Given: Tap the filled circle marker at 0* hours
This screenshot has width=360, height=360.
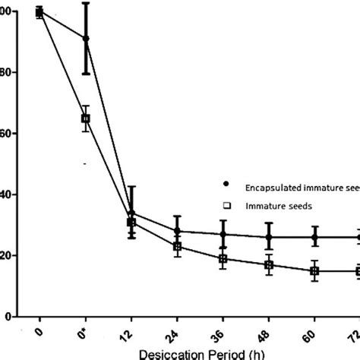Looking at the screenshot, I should click(x=86, y=39).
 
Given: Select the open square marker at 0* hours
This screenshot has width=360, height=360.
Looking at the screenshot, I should click(x=86, y=118).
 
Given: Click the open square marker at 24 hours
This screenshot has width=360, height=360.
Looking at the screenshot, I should click(x=177, y=246).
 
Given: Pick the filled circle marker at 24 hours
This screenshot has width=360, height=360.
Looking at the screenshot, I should click(x=177, y=231).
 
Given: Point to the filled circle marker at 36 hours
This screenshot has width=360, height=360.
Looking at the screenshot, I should click(x=223, y=235).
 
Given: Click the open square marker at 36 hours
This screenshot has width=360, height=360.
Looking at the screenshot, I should click(x=223, y=259).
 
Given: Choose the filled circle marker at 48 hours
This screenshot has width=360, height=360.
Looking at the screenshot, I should click(x=269, y=237).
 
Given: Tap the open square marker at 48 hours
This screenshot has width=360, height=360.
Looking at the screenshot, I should click(x=269, y=264).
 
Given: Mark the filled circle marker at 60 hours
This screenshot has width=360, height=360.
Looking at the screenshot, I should click(x=314, y=237).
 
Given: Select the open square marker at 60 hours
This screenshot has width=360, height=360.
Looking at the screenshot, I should click(x=314, y=270).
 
